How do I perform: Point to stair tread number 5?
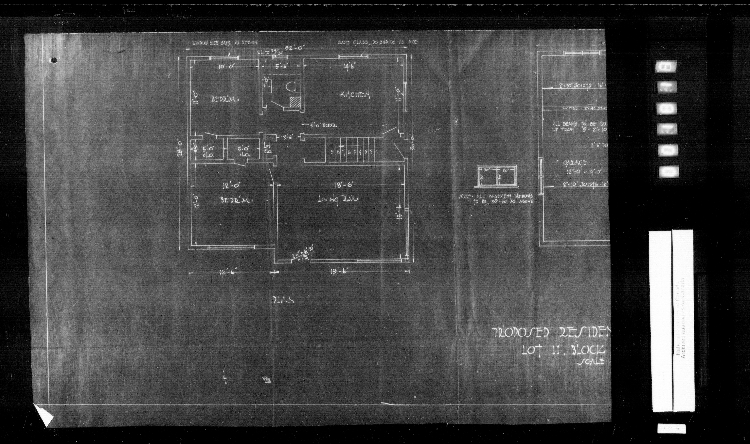click(354, 152)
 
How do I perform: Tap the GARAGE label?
click(575, 163)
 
